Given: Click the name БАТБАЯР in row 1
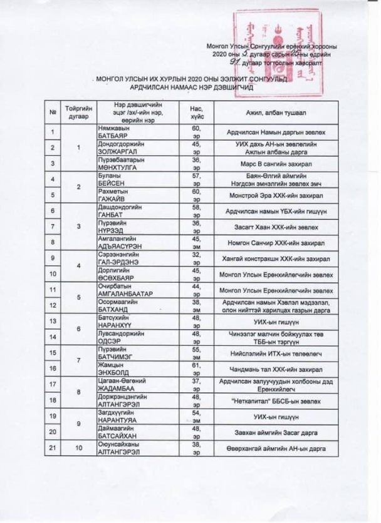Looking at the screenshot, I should coord(113,135).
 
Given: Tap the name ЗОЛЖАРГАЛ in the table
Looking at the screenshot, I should coord(117,151).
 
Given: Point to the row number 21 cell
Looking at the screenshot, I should coord(54,448).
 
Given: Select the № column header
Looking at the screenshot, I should coord(54,112).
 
